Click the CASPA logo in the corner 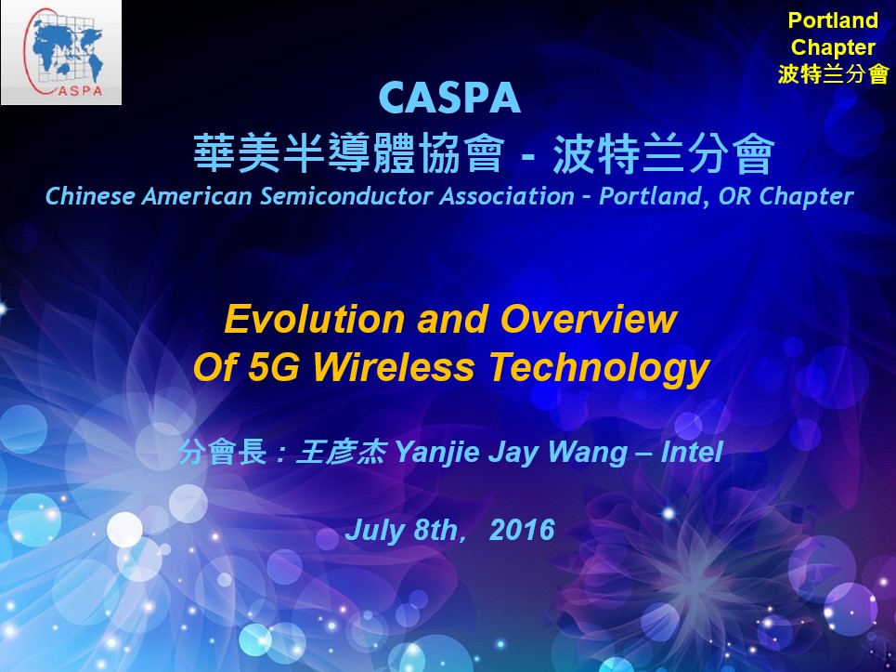[x=61, y=52]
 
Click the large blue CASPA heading [x=449, y=98]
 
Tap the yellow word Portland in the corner [x=833, y=20]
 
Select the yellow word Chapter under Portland [x=833, y=46]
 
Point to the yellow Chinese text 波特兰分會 [x=833, y=73]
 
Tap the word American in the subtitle [x=197, y=196]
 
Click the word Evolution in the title [x=316, y=319]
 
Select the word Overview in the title [x=589, y=319]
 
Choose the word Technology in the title [x=600, y=369]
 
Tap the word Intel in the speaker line [x=692, y=452]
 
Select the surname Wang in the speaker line [x=587, y=453]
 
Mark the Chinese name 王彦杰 [x=341, y=453]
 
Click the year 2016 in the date [x=522, y=530]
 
